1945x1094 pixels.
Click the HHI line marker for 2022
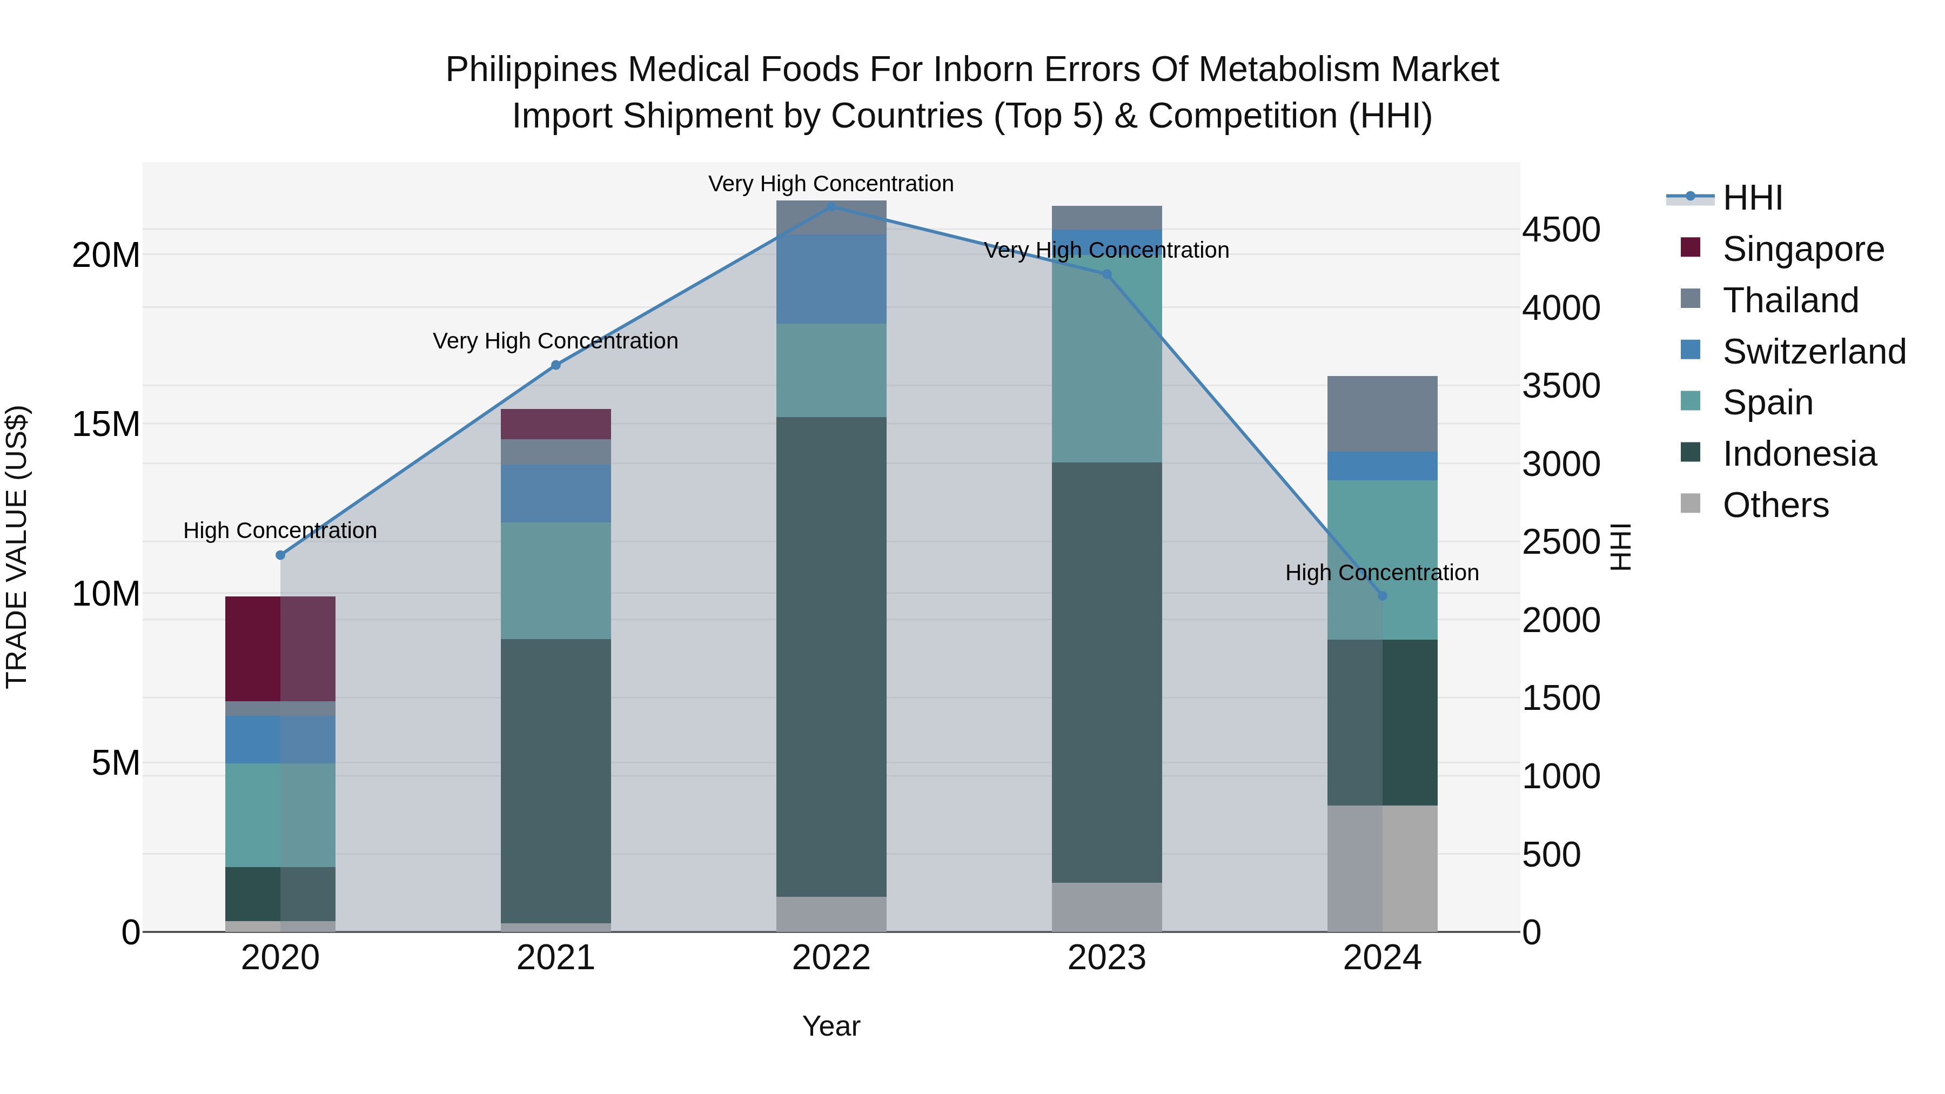(831, 206)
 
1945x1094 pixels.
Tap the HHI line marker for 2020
(280, 555)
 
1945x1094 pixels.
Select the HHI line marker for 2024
(1383, 596)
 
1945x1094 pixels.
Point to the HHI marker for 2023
(1107, 274)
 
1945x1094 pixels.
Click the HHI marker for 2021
(556, 365)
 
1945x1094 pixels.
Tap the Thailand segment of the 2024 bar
(1383, 414)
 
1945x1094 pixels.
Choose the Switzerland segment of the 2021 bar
(556, 494)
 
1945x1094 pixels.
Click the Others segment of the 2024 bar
(1383, 868)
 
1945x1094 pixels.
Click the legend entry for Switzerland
(1814, 352)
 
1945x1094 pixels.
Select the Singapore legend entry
(1803, 249)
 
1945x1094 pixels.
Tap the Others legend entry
(1775, 505)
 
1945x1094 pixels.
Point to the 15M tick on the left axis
(106, 424)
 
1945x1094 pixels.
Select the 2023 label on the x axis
(1107, 958)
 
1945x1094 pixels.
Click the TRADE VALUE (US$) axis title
(17, 547)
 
